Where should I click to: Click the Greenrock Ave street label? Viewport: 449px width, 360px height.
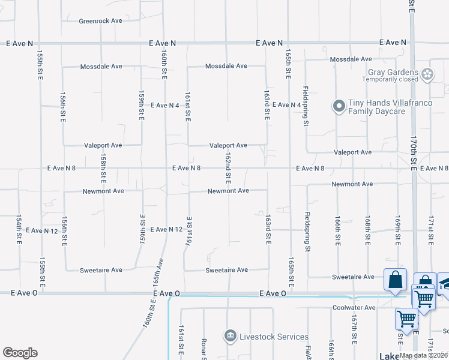[x=100, y=20]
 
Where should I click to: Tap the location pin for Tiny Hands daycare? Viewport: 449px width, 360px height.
[x=339, y=106]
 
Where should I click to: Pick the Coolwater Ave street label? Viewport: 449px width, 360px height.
[x=354, y=308]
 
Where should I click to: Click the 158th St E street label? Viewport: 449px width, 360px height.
[x=103, y=169]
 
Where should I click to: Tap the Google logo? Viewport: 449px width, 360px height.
[x=20, y=352]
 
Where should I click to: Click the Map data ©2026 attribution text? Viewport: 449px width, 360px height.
[x=424, y=356]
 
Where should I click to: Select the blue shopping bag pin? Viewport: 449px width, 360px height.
[x=396, y=280]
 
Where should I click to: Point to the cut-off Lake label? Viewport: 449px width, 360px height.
[x=389, y=356]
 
